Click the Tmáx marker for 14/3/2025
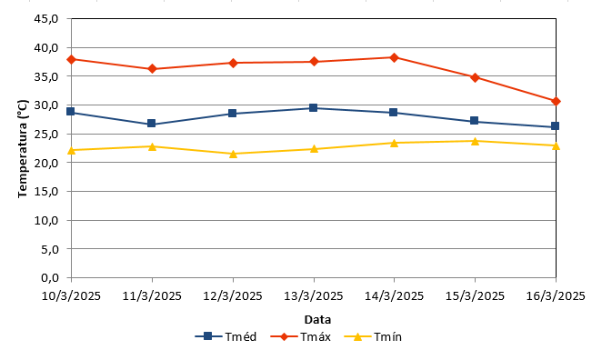pyautogui.click(x=395, y=57)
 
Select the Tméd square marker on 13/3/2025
pyautogui.click(x=313, y=107)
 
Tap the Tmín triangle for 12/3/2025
pyautogui.click(x=233, y=154)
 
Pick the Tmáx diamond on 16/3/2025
pyautogui.click(x=556, y=102)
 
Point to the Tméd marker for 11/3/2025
pyautogui.click(x=152, y=124)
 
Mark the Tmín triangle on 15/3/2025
pyautogui.click(x=475, y=141)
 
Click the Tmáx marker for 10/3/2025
pyautogui.click(x=71, y=59)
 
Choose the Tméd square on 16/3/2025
pyautogui.click(x=555, y=126)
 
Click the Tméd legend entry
pyautogui.click(x=226, y=336)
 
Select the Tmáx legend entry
pyautogui.click(x=300, y=336)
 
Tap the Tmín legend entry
pyautogui.click(x=373, y=336)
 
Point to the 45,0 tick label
pyautogui.click(x=46, y=19)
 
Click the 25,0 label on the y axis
pyautogui.click(x=46, y=135)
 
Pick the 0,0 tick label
pyautogui.click(x=50, y=277)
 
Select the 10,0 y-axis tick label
pyautogui.click(x=46, y=220)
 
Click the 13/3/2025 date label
pyautogui.click(x=314, y=296)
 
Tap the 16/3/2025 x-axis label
pyautogui.click(x=556, y=296)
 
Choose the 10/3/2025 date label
pyautogui.click(x=71, y=296)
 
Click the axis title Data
pyautogui.click(x=317, y=320)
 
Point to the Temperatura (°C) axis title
pyautogui.click(x=23, y=148)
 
